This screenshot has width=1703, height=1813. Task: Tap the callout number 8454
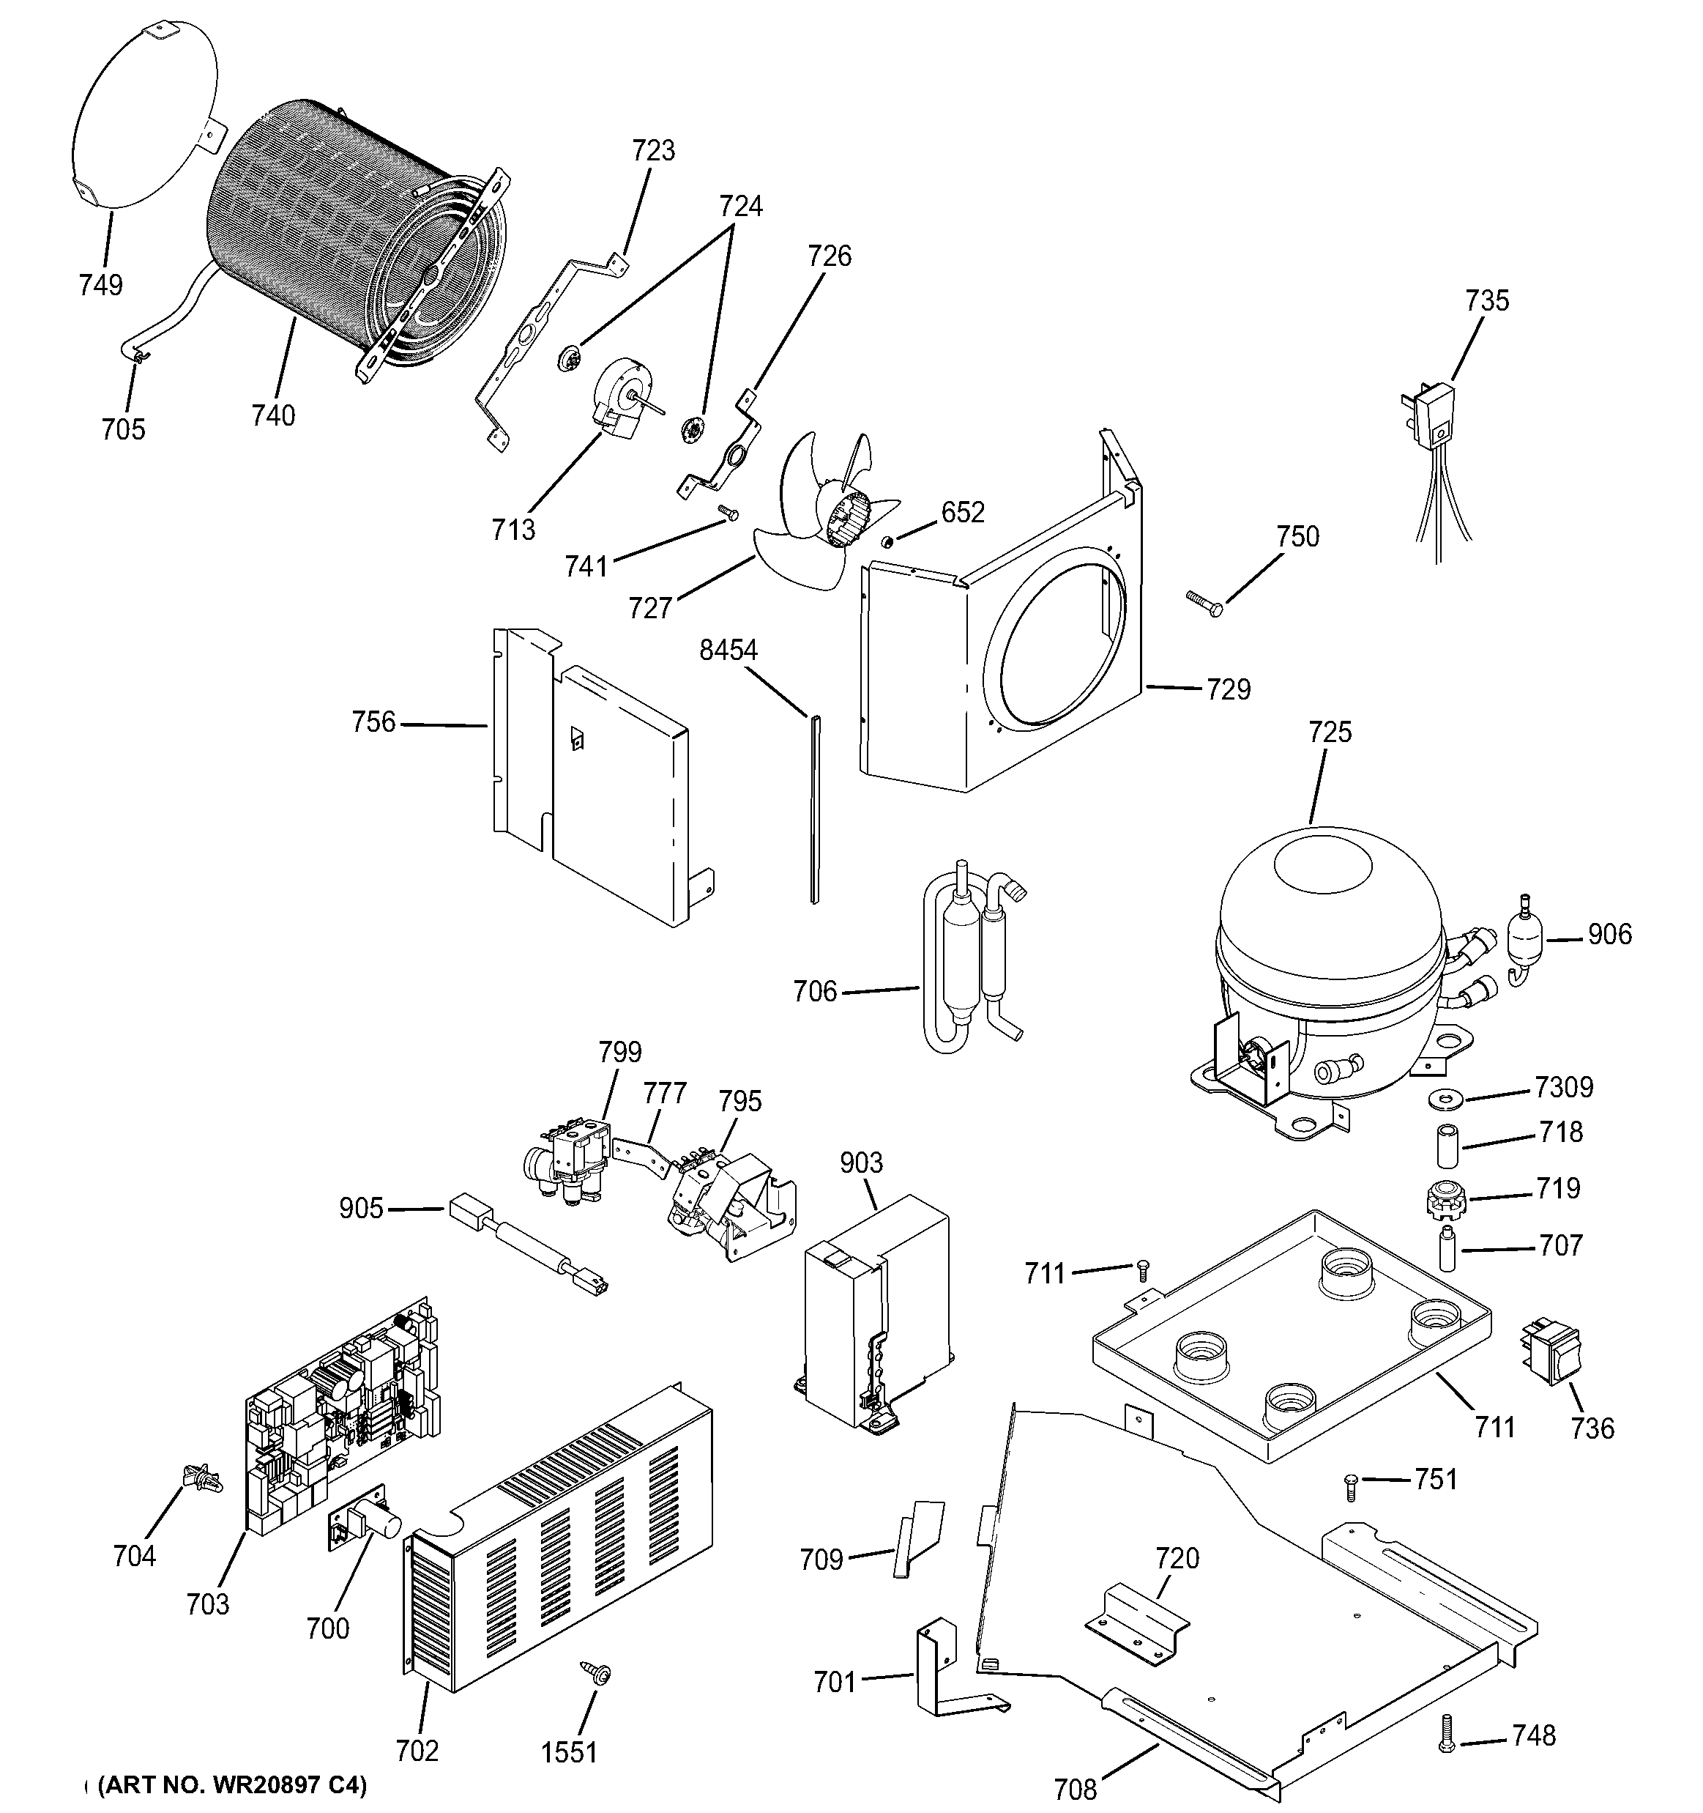click(x=728, y=650)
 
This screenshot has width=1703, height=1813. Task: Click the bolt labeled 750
click(x=1204, y=604)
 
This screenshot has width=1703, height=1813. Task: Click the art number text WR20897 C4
click(x=231, y=1784)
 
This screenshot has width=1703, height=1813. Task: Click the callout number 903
click(x=860, y=1163)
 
